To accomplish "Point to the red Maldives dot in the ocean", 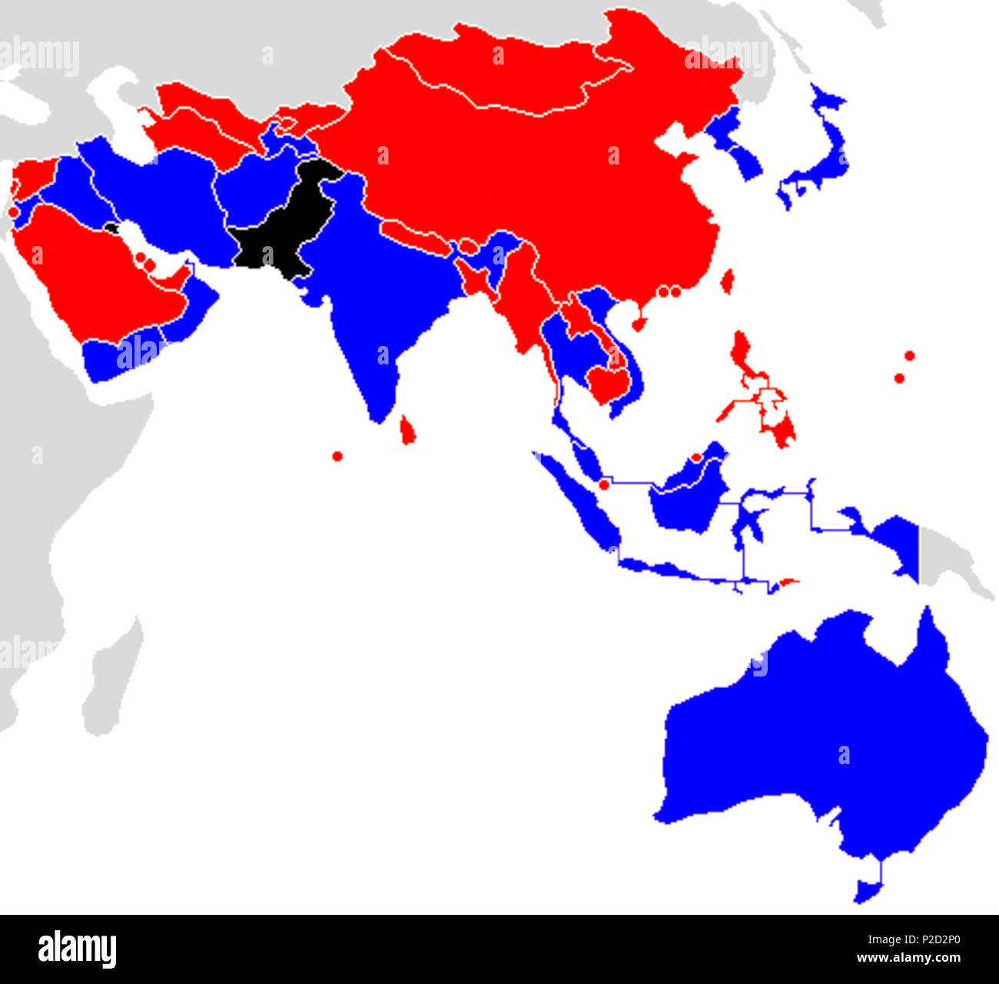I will pos(337,456).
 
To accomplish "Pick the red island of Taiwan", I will pos(726,281).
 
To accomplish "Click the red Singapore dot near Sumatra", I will pos(604,484).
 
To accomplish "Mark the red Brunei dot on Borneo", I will pos(696,457).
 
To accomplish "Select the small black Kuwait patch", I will pos(112,228).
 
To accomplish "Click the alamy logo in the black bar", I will pos(77,949).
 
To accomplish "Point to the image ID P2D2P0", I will pos(930,939).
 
